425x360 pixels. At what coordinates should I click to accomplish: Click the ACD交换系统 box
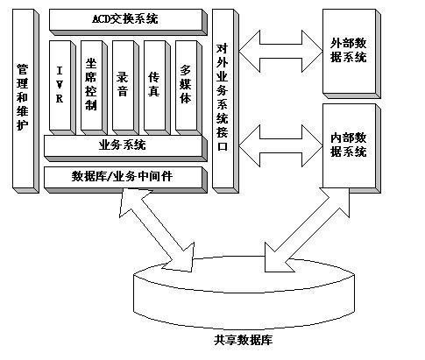click(x=128, y=22)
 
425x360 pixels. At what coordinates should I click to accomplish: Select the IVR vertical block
click(x=62, y=88)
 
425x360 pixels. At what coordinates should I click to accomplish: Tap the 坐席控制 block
click(x=94, y=88)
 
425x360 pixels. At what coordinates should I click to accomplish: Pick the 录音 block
click(x=125, y=88)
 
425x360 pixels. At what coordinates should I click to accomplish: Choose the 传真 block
click(x=157, y=88)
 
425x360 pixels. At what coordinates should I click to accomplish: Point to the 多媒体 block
click(x=188, y=88)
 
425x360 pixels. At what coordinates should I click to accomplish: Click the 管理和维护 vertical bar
click(x=25, y=101)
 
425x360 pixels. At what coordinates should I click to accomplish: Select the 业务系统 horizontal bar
click(x=125, y=148)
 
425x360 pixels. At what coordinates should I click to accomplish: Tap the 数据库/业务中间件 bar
click(x=125, y=180)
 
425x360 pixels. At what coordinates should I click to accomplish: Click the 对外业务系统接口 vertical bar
click(x=225, y=101)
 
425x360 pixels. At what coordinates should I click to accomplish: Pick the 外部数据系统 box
click(x=351, y=53)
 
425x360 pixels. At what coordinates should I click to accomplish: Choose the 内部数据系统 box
click(x=351, y=148)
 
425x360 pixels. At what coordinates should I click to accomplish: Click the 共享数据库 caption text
click(x=243, y=340)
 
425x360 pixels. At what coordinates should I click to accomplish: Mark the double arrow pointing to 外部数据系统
click(x=280, y=52)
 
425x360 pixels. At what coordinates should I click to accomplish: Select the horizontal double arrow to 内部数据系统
click(x=280, y=146)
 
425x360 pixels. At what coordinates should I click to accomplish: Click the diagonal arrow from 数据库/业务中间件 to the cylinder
click(x=157, y=230)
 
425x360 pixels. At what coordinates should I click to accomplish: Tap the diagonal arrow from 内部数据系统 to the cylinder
click(x=307, y=230)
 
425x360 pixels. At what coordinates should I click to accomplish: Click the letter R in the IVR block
click(x=60, y=99)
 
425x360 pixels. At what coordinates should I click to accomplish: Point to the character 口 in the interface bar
click(x=223, y=145)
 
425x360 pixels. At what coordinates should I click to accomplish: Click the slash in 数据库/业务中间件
click(x=109, y=176)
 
